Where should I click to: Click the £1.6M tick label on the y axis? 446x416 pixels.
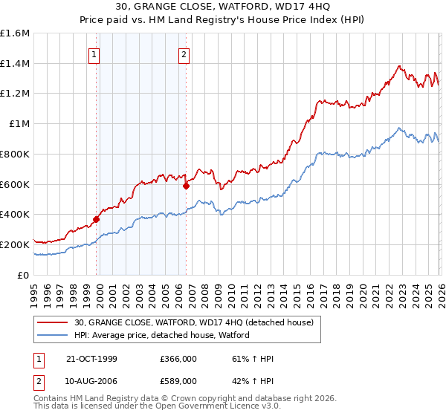tap(15, 33)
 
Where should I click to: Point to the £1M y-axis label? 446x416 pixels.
tap(18, 124)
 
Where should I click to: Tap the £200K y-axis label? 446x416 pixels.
tap(15, 244)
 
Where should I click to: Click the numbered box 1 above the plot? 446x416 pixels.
tap(95, 53)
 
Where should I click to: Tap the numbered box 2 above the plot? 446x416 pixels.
tap(184, 53)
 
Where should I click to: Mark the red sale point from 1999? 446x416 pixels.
tap(97, 219)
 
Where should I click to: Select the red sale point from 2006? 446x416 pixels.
tap(186, 186)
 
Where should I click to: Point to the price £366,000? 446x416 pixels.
tap(178, 359)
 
